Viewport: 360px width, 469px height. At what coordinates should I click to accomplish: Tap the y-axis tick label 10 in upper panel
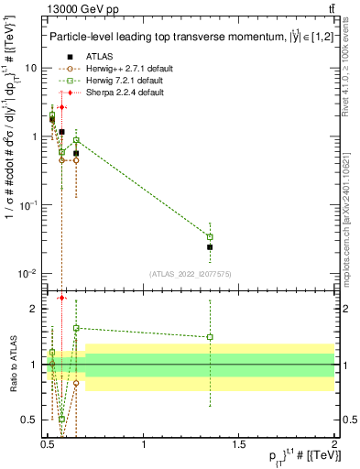pyautogui.click(x=30, y=69)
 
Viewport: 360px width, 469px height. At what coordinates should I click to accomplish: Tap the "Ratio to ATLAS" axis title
pyautogui.click(x=12, y=365)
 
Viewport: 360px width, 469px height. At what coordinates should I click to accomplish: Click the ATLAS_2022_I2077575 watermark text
pyautogui.click(x=190, y=274)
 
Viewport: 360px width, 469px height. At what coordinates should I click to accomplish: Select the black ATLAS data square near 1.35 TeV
pyautogui.click(x=210, y=247)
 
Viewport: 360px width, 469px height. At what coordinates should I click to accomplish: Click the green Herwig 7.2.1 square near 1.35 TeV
pyautogui.click(x=210, y=237)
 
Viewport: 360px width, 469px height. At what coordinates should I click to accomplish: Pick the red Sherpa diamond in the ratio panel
pyautogui.click(x=61, y=298)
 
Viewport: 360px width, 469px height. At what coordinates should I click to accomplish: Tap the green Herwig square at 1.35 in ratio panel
pyautogui.click(x=210, y=337)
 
